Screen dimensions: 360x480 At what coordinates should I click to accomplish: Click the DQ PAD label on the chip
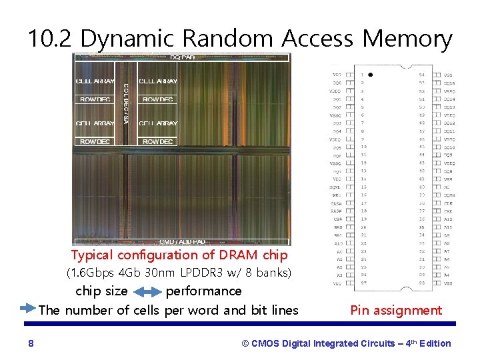182,57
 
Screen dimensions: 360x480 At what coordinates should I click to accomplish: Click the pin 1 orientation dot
371,74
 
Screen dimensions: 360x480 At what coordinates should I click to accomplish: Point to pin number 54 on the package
421,74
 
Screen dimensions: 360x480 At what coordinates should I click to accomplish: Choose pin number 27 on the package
363,283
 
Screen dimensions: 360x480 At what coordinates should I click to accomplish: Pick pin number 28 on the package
421,283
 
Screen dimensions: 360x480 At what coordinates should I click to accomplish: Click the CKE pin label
449,211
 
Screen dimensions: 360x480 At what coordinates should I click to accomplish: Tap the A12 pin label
449,219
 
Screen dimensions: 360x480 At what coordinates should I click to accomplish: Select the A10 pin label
338,243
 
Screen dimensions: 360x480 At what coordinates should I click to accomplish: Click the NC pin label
449,187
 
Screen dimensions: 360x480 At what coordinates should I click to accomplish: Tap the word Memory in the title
407,39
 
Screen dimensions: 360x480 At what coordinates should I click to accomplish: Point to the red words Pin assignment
396,310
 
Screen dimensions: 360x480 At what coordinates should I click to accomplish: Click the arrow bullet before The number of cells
28,309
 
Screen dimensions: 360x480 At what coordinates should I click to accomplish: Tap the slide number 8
31,343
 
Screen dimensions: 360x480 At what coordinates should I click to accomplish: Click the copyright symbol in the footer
245,343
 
